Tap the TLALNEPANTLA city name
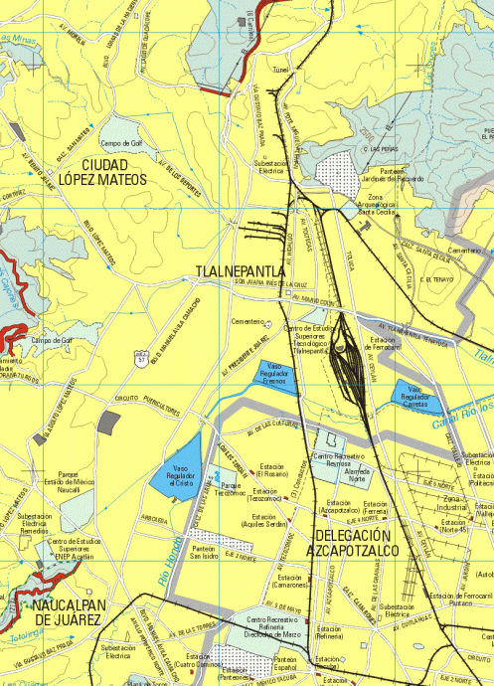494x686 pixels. click(241, 270)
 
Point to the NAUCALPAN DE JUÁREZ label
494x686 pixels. click(66, 611)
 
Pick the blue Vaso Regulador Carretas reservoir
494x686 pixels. click(412, 398)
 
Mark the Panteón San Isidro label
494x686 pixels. click(205, 552)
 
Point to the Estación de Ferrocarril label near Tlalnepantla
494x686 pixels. click(386, 343)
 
